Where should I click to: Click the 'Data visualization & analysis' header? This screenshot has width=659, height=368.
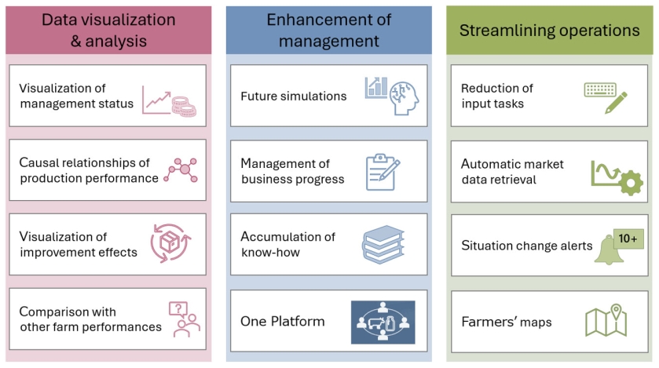pyautogui.click(x=108, y=30)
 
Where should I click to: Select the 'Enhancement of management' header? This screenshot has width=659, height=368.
pyautogui.click(x=328, y=30)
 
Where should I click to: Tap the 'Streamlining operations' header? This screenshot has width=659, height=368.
pyautogui.click(x=549, y=31)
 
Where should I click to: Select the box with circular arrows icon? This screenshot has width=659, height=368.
pyautogui.click(x=170, y=242)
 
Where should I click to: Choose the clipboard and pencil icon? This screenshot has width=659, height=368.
pyautogui.click(x=383, y=170)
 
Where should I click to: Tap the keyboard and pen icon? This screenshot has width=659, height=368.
pyautogui.click(x=606, y=97)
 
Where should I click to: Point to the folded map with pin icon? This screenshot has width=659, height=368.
pyautogui.click(x=606, y=320)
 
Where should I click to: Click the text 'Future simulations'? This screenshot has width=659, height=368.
pyautogui.click(x=293, y=97)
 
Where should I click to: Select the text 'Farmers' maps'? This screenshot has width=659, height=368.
pyautogui.click(x=506, y=322)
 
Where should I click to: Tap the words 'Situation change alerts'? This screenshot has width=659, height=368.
pyautogui.click(x=526, y=246)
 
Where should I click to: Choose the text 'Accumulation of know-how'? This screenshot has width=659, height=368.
pyautogui.click(x=287, y=245)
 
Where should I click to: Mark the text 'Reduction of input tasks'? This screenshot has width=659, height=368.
pyautogui.click(x=496, y=96)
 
